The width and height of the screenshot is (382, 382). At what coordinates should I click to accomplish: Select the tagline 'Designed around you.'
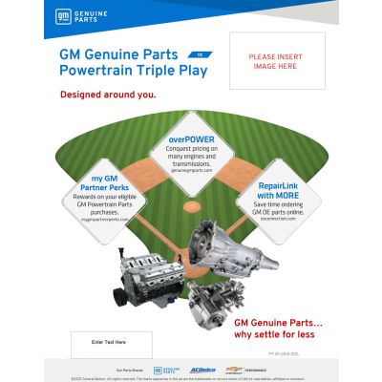click(108, 95)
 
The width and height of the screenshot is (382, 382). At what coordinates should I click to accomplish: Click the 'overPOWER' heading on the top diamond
click(191, 140)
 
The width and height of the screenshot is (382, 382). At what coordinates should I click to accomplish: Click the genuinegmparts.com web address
click(191, 171)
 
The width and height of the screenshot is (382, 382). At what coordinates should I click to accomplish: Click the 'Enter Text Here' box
click(108, 341)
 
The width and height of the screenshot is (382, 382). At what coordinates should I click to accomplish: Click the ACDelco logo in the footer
click(202, 369)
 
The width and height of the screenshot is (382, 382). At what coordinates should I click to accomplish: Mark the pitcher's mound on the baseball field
click(192, 205)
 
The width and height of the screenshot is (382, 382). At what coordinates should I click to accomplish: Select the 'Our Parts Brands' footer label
click(130, 370)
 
